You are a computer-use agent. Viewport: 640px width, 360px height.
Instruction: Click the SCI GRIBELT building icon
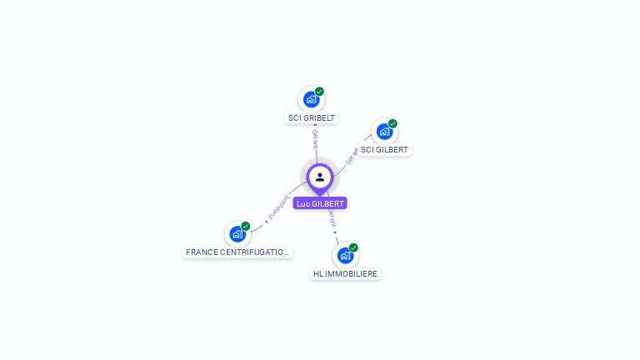pyautogui.click(x=311, y=100)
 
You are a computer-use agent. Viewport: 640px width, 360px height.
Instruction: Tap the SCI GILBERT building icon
pyautogui.click(x=384, y=132)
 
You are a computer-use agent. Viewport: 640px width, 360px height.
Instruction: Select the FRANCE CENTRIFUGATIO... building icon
pyautogui.click(x=237, y=234)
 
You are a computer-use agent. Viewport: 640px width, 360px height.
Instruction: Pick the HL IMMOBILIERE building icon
pyautogui.click(x=345, y=256)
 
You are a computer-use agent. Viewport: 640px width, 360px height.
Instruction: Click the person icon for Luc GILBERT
pyautogui.click(x=320, y=177)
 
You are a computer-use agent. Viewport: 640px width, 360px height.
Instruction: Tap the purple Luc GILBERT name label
pyautogui.click(x=320, y=203)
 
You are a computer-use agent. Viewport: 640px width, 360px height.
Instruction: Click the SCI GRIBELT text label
pyautogui.click(x=312, y=118)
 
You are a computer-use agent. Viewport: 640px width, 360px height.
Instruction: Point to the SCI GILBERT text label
pyautogui.click(x=384, y=150)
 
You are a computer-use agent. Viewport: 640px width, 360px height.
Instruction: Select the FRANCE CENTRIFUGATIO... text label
pyautogui.click(x=237, y=252)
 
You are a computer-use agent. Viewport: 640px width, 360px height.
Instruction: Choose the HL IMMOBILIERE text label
pyautogui.click(x=345, y=273)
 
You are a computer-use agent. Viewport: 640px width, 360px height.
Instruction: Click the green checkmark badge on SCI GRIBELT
pyautogui.click(x=319, y=92)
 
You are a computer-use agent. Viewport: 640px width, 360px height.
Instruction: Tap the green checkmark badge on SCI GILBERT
pyautogui.click(x=392, y=123)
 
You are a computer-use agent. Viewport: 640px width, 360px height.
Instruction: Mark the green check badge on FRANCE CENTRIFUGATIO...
pyautogui.click(x=245, y=226)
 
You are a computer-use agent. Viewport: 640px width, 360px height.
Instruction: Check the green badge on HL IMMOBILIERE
pyautogui.click(x=353, y=247)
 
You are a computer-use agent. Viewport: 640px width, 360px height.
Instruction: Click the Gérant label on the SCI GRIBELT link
pyautogui.click(x=315, y=137)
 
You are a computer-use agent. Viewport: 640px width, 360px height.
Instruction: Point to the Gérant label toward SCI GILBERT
pyautogui.click(x=352, y=156)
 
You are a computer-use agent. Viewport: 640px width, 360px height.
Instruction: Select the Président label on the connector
pyautogui.click(x=278, y=207)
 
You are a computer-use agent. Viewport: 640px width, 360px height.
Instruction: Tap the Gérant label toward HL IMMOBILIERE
pyautogui.click(x=332, y=220)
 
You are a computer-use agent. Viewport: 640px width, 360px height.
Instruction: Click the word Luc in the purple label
pyautogui.click(x=302, y=203)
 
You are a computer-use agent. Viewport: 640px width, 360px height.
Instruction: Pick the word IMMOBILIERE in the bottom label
pyautogui.click(x=352, y=273)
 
